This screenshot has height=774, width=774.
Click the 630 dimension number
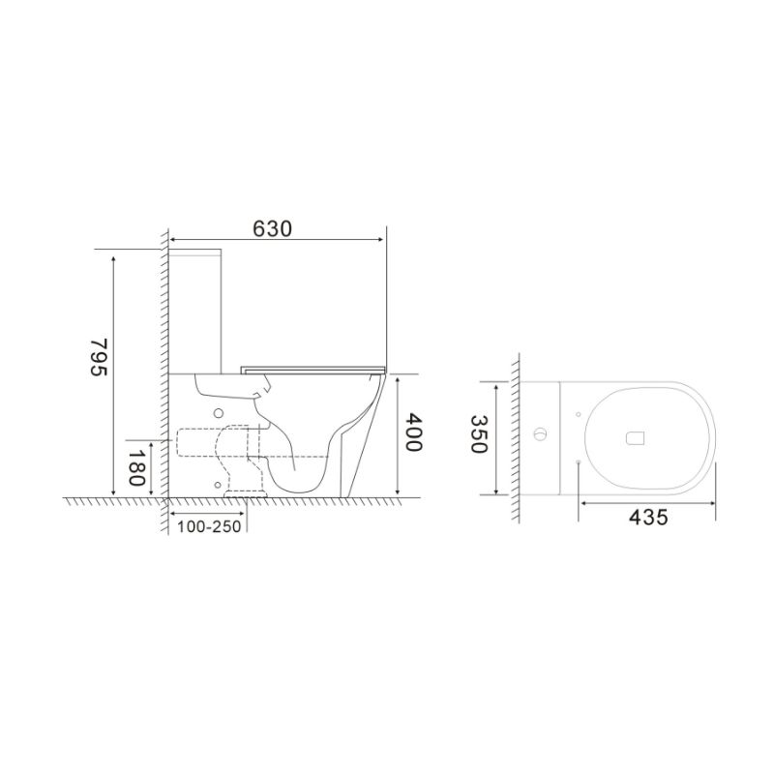pyautogui.click(x=272, y=228)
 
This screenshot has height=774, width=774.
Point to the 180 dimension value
pyautogui.click(x=137, y=468)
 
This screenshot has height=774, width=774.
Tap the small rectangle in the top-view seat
pyautogui.click(x=636, y=437)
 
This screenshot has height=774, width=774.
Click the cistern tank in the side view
pyautogui.click(x=198, y=310)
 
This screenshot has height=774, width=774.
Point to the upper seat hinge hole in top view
pyautogui.click(x=578, y=415)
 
